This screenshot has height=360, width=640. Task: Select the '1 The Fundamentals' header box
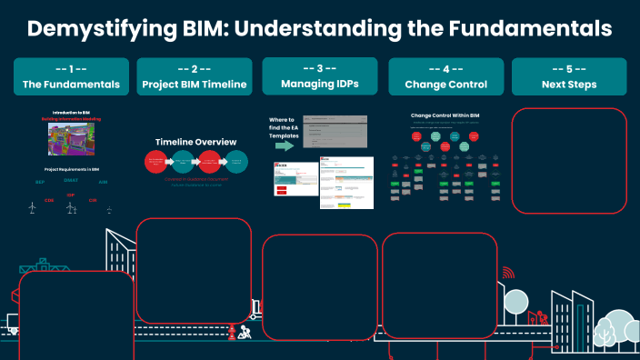(x=72, y=77)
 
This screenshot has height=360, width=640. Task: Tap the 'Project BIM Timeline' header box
(x=194, y=77)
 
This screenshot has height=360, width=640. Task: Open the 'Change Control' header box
(x=445, y=77)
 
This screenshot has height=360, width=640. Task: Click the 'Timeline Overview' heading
(x=195, y=142)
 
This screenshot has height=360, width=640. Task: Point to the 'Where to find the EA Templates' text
(x=284, y=128)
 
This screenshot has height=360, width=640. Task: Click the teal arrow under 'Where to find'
(x=284, y=145)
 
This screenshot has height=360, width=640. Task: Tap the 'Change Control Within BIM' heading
(x=445, y=116)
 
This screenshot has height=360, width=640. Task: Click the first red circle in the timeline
(x=157, y=162)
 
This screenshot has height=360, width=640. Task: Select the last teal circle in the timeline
(x=236, y=162)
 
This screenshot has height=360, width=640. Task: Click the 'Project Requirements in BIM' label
(x=71, y=170)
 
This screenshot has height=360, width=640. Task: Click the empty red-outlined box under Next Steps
(x=570, y=160)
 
